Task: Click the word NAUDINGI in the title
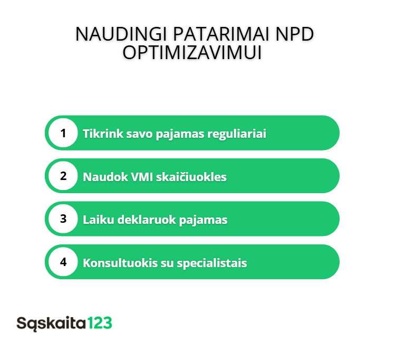[121, 34]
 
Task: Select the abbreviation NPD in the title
[294, 34]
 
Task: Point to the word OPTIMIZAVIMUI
[192, 53]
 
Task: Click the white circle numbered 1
[63, 133]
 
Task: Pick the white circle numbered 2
[63, 176]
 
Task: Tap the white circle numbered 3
[63, 219]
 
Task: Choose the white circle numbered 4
[63, 262]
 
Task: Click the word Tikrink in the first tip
[103, 134]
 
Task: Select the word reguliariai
[237, 134]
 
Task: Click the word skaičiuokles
[191, 176]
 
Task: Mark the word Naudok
[105, 177]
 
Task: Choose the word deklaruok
[147, 220]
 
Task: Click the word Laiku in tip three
[99, 220]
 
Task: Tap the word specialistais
[212, 263]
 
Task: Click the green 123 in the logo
[100, 323]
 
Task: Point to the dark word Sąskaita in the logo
[51, 324]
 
